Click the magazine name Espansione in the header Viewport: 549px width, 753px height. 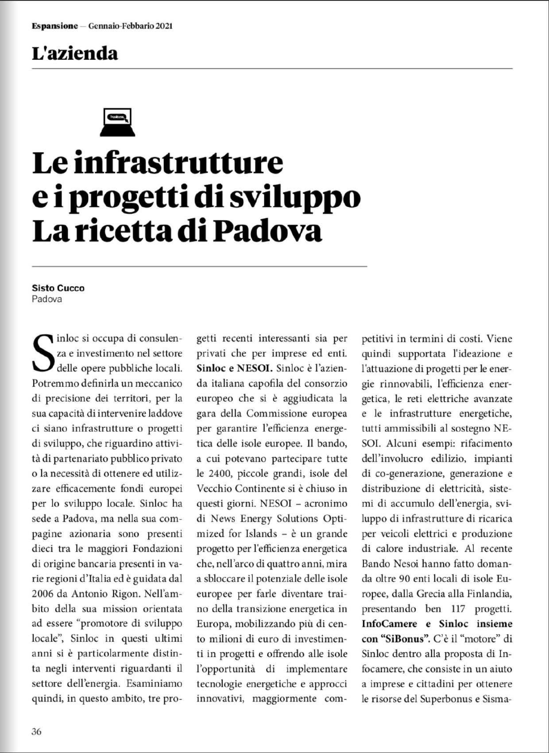click(55, 26)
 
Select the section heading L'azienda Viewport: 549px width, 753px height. click(75, 54)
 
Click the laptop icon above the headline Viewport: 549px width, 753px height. click(117, 122)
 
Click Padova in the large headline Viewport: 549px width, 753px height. click(267, 232)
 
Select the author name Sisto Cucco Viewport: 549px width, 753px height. click(58, 288)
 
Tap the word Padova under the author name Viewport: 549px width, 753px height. click(47, 299)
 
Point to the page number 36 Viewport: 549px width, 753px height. click(37, 731)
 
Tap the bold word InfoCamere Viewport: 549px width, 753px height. click(389, 624)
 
